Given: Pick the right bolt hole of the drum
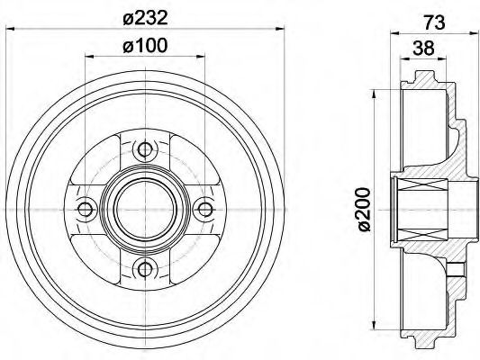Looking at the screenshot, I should (x=204, y=209).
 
